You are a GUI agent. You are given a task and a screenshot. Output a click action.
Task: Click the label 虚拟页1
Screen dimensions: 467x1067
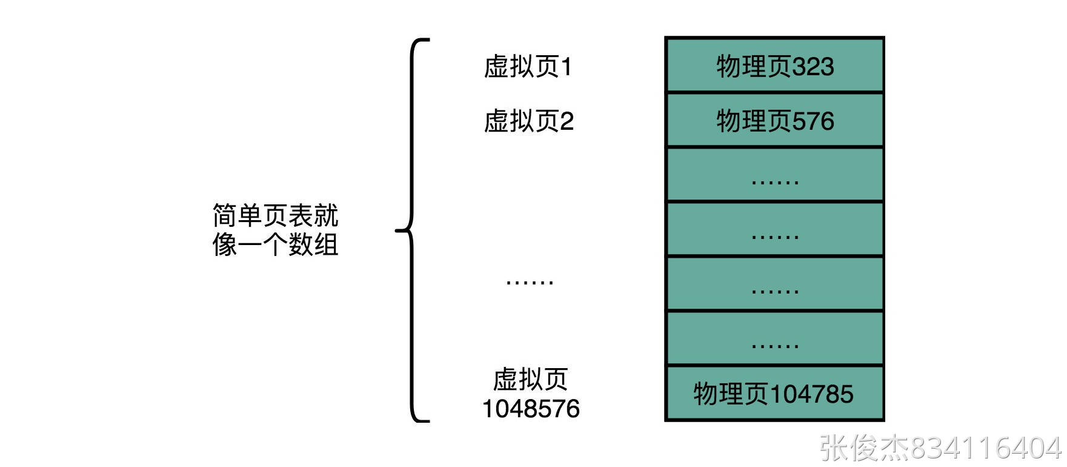[528, 67]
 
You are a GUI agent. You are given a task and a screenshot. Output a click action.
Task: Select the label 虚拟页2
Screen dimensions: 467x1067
[528, 121]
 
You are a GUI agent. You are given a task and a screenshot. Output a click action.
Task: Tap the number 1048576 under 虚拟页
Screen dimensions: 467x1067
[531, 409]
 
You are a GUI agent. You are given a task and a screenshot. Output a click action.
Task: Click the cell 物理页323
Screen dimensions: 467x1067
[775, 66]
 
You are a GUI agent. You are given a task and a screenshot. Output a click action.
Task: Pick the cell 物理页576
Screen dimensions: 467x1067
[775, 121]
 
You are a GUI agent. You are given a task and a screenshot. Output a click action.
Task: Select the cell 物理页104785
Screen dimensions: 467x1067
[774, 394]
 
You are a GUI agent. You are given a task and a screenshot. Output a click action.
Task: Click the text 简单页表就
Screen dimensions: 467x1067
[275, 215]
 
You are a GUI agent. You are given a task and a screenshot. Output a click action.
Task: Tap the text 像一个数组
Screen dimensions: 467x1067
[275, 244]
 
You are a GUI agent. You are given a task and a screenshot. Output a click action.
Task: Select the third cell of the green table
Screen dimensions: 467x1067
[775, 175]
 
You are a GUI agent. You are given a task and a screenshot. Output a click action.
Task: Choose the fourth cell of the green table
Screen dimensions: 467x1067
[775, 230]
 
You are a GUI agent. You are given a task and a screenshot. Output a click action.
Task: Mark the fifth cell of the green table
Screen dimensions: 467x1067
[775, 284]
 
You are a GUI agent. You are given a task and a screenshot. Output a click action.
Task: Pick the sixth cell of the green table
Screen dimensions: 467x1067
[775, 339]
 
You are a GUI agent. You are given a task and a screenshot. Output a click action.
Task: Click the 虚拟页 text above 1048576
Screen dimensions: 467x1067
[530, 380]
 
